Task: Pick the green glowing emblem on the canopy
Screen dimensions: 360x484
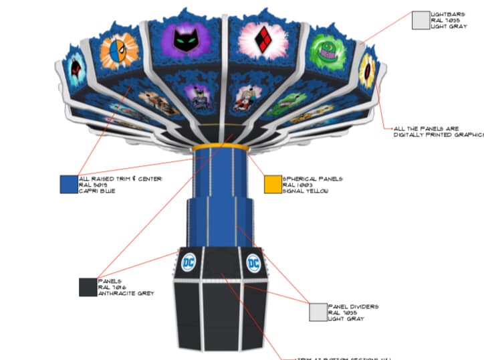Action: [x=326, y=48]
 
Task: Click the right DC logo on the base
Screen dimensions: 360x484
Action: [x=254, y=264]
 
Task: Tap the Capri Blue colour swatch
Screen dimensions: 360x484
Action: [x=69, y=184]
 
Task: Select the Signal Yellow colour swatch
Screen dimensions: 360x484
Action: [x=273, y=184]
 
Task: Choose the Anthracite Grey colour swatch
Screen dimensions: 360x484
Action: [x=88, y=287]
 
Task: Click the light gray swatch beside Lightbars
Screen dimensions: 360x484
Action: [x=420, y=20]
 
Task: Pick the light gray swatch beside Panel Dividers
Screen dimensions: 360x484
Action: [x=318, y=312]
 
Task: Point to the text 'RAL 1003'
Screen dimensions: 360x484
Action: [x=298, y=185]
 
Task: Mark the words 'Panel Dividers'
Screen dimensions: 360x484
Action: [x=354, y=306]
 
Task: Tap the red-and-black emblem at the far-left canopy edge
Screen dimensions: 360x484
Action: [x=75, y=68]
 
